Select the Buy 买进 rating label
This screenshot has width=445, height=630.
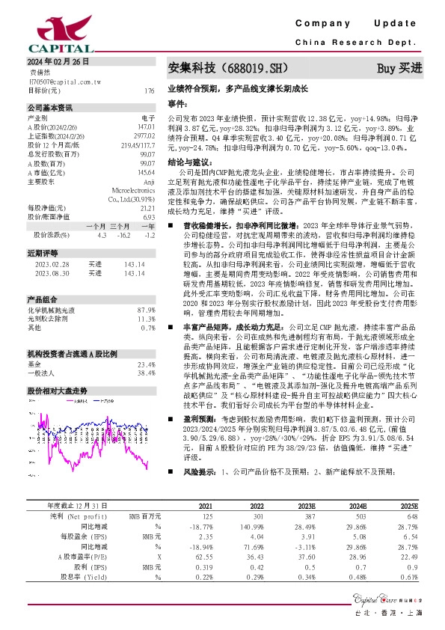click(399, 68)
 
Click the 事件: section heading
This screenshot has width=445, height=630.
click(177, 103)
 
